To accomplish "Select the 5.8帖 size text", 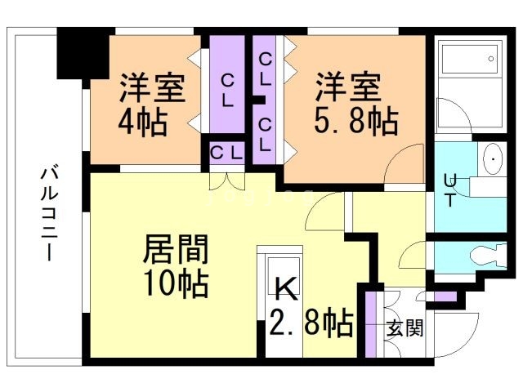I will coord(356,122).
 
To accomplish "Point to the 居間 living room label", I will coord(176,246).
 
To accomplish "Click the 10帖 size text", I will coord(176,283).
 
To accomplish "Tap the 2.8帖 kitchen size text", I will coord(311,322).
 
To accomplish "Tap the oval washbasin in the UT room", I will coord(494,158).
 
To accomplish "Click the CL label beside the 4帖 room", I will coord(228,90).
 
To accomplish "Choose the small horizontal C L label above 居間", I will coord(226,152).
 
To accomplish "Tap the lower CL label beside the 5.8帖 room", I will coord(265,134).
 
